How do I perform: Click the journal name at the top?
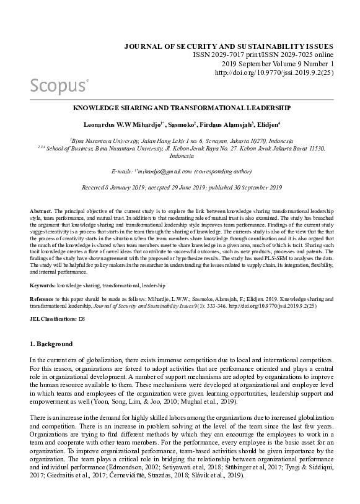coord(229,46)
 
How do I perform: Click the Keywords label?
coord(43,285)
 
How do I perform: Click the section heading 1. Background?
coord(51,344)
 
